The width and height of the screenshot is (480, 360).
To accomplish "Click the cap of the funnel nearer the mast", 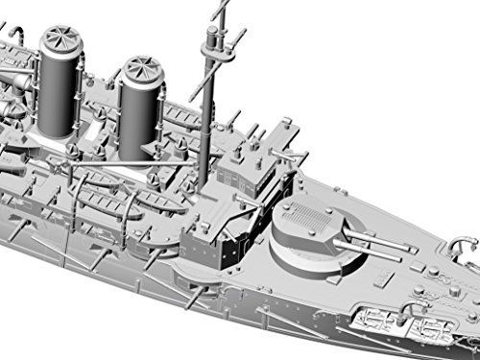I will coord(140,70).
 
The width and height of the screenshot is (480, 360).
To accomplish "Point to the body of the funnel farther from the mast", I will coord(59,91).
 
